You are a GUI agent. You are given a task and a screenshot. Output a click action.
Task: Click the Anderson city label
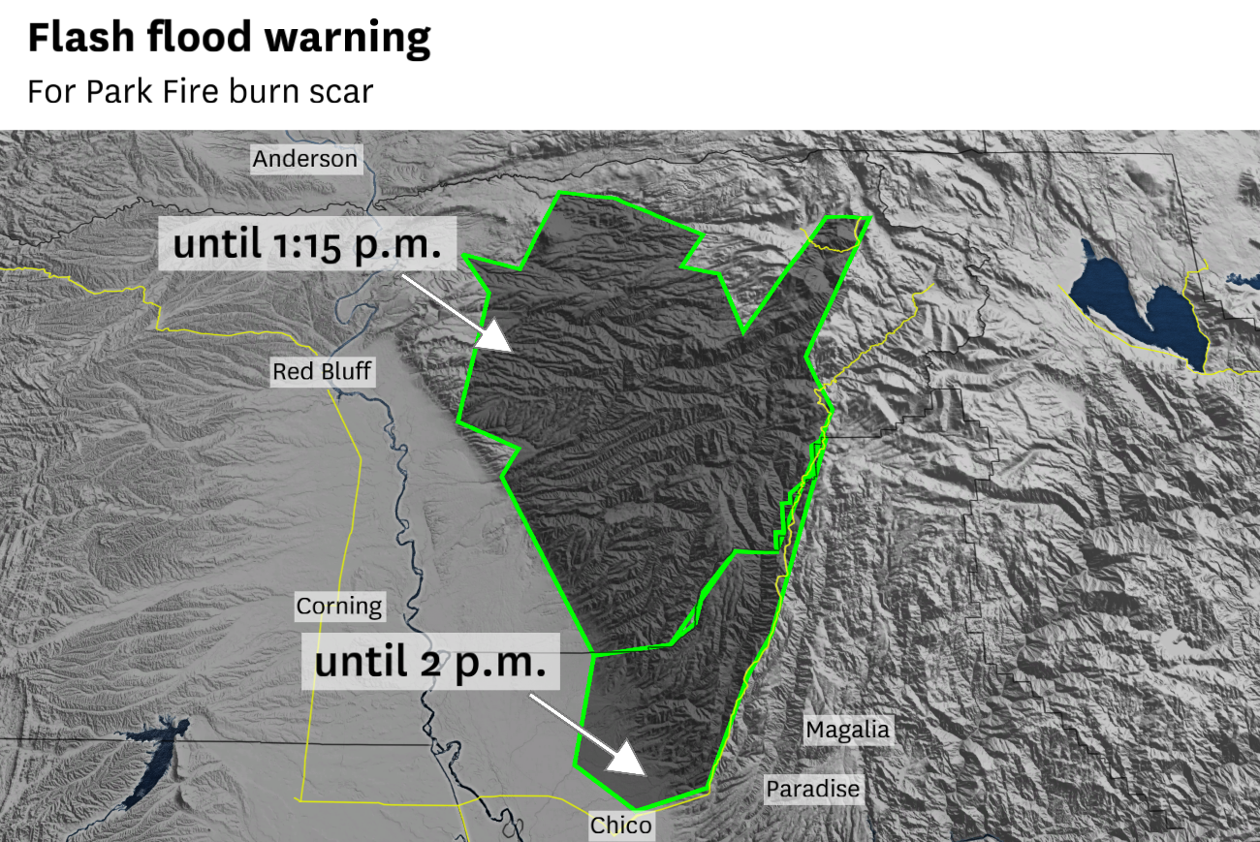[x=305, y=158]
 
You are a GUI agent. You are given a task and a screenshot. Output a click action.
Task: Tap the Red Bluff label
[x=321, y=371]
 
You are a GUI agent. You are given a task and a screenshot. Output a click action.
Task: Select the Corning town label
[x=339, y=607]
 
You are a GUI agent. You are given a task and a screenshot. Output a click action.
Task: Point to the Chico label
[x=621, y=826]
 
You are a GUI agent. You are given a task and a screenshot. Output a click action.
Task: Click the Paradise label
[x=812, y=789]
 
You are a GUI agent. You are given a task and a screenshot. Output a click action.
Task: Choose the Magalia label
[x=847, y=729]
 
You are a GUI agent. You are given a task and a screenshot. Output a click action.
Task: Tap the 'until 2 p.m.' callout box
[x=430, y=663]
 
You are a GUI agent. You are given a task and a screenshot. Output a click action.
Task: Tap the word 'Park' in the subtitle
[x=114, y=91]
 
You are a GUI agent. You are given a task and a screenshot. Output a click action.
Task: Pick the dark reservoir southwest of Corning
[x=155, y=761]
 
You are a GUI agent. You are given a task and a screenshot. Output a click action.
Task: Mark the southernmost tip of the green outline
[x=637, y=809]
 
